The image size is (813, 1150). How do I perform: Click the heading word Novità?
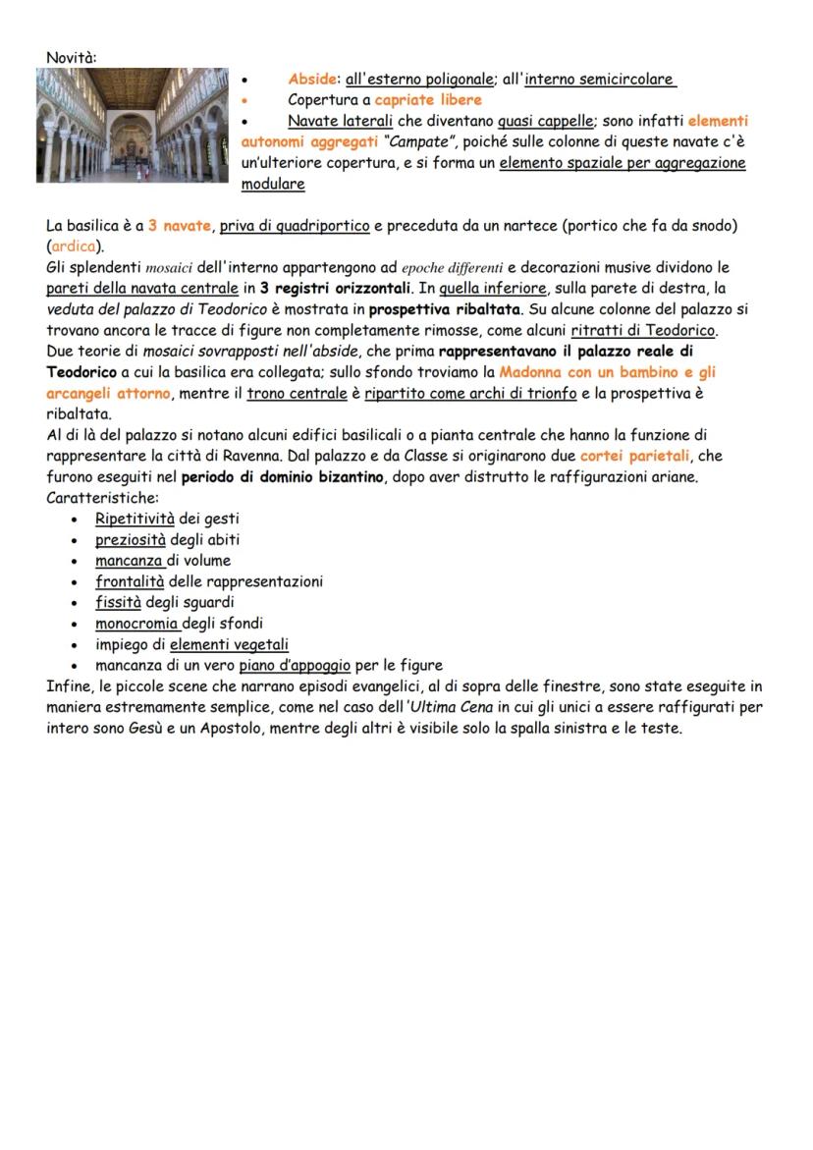[x=72, y=59]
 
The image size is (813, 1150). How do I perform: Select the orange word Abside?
[x=312, y=80]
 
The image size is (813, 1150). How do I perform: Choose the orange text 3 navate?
[x=179, y=226]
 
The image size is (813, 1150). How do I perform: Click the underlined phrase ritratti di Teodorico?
[x=642, y=329]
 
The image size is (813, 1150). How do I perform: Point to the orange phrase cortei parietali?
[x=635, y=457]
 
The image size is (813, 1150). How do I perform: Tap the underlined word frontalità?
[x=130, y=581]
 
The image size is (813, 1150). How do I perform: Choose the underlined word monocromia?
[x=138, y=623]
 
